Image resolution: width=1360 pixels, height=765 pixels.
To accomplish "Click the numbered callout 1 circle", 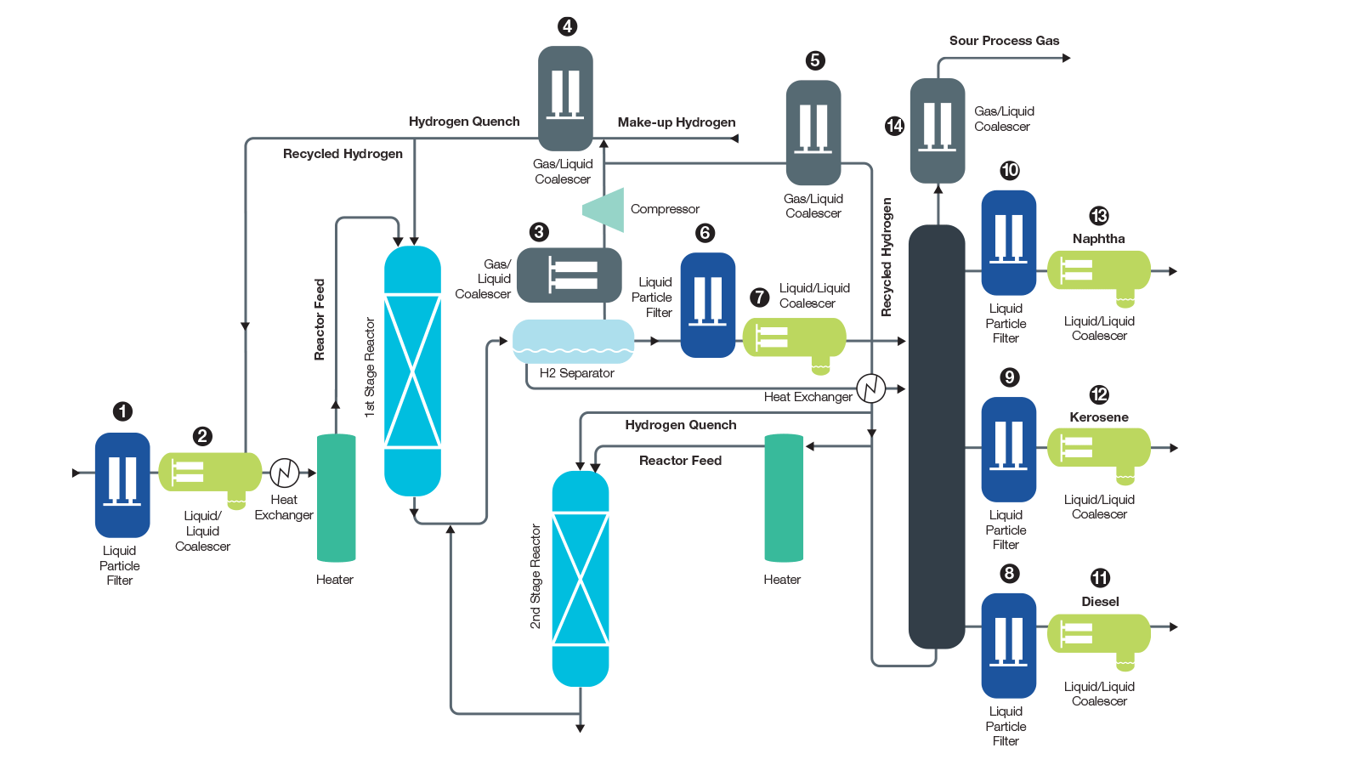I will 122,411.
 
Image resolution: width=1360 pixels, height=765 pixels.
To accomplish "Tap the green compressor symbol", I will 604,209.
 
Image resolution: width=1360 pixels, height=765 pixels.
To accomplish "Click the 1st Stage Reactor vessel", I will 412,371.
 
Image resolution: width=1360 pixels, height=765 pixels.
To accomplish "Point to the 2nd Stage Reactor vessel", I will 581,579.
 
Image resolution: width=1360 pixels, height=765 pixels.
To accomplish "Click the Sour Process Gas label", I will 1004,41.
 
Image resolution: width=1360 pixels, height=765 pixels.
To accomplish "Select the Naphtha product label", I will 1098,239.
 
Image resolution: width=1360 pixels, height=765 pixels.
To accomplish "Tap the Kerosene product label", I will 1098,417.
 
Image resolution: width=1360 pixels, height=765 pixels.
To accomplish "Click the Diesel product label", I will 1100,602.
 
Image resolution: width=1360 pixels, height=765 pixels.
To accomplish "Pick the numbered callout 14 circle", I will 894,126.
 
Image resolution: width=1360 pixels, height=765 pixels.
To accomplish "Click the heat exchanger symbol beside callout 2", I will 285,473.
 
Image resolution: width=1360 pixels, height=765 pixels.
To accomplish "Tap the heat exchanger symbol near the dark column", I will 870,388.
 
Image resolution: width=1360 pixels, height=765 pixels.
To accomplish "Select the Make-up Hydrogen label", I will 677,122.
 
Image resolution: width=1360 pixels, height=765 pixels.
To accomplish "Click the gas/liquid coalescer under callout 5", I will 813,133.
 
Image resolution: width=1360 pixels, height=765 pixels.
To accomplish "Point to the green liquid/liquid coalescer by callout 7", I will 794,338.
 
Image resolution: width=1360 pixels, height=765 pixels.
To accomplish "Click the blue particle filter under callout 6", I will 707,304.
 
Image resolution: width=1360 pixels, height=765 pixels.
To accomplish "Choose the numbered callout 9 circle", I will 1009,377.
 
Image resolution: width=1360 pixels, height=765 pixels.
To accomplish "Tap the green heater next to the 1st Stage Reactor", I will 336,498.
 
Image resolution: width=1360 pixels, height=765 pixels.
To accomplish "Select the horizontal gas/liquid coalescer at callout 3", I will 569,275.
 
